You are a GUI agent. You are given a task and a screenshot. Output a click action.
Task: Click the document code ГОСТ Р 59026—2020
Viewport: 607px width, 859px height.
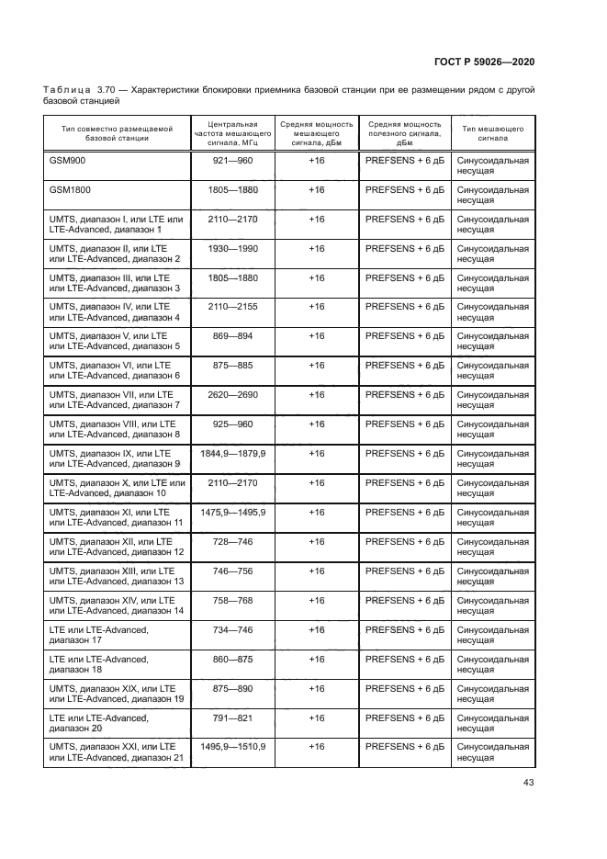[x=485, y=62]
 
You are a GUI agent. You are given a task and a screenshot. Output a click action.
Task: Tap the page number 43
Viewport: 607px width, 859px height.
[x=528, y=783]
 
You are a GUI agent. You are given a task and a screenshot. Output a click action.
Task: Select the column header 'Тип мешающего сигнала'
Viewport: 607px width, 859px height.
[x=492, y=134]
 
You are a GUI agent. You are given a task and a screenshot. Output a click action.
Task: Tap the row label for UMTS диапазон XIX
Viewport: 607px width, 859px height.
[x=116, y=695]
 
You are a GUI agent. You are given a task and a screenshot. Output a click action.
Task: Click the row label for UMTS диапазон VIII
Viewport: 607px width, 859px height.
[x=116, y=430]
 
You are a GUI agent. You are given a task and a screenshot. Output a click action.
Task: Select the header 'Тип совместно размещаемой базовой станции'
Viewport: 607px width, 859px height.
[x=117, y=134]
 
